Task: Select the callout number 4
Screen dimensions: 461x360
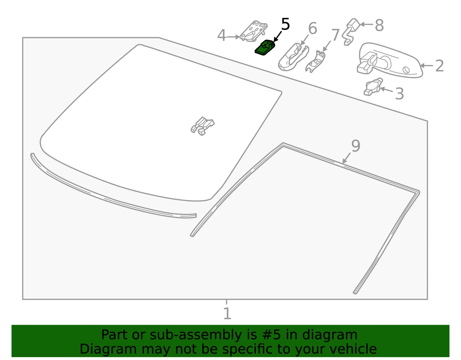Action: (x=222, y=35)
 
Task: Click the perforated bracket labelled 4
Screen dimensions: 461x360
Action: (x=253, y=31)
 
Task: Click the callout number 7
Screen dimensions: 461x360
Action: (x=335, y=35)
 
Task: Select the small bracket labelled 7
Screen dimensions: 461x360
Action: (x=315, y=62)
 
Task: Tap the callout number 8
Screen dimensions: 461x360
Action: (x=379, y=25)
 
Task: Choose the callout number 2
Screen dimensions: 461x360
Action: (x=439, y=66)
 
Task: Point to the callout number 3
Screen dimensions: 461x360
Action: (x=399, y=94)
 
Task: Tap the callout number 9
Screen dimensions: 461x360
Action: (x=356, y=146)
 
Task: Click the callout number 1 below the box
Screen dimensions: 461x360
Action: (x=227, y=313)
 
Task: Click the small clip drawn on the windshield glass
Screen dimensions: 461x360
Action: (x=202, y=126)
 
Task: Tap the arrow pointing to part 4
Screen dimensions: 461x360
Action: (x=233, y=37)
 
